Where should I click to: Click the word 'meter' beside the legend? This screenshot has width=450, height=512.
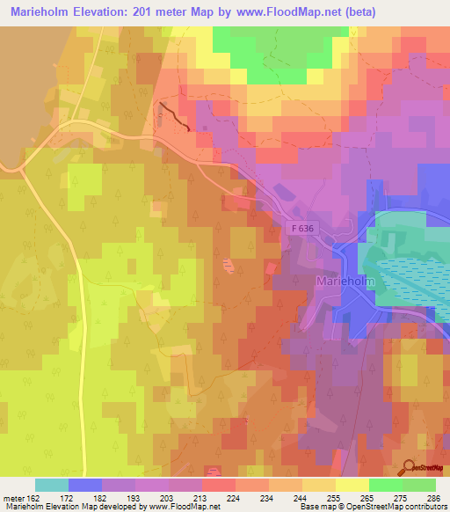pos(13,498)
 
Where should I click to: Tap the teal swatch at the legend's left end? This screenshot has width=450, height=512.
pos(52,485)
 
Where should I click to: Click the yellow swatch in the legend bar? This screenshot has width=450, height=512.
pos(352,485)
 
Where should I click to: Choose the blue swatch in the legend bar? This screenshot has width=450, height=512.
pos(85,485)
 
